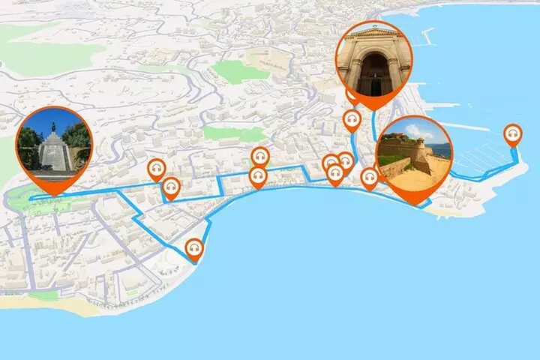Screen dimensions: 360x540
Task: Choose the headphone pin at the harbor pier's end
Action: point(513,134)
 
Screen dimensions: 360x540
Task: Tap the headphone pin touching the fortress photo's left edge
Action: point(369,178)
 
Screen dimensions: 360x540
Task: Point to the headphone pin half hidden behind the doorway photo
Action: point(351,94)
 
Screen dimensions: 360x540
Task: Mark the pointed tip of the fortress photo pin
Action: point(413,205)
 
